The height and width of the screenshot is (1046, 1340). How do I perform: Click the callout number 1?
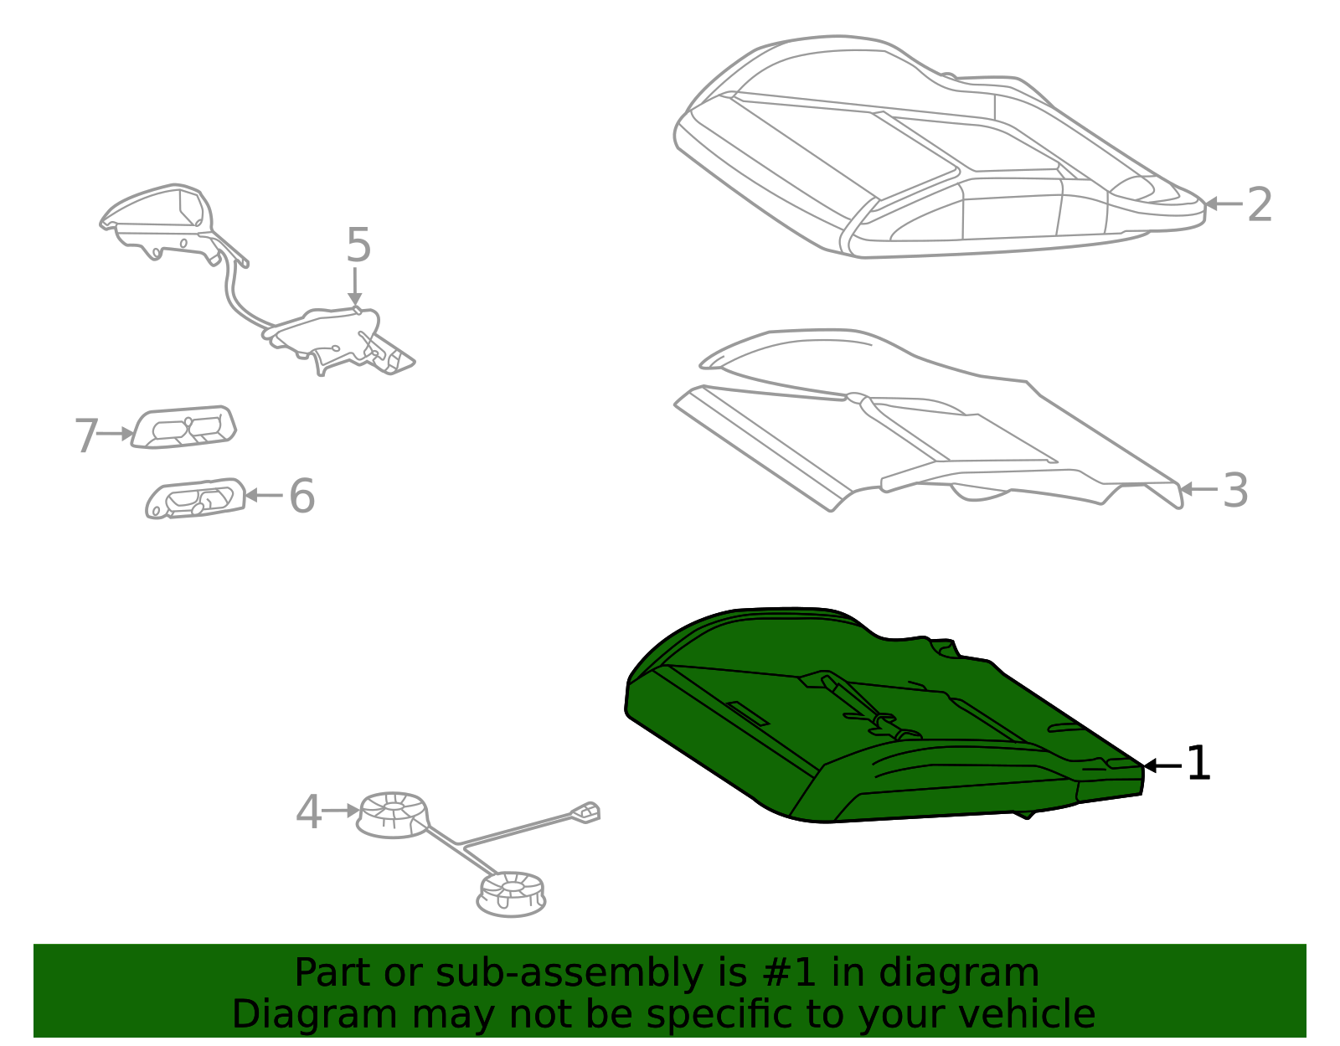click(x=1198, y=763)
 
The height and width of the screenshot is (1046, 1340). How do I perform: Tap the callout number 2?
click(x=1260, y=204)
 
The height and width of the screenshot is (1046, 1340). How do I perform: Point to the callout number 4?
click(x=309, y=812)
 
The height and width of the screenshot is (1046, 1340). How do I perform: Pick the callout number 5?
click(x=358, y=244)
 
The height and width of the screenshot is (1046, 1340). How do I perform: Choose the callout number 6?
click(x=302, y=495)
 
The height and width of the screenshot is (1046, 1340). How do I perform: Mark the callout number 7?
click(x=86, y=435)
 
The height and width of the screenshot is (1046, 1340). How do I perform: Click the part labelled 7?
click(x=183, y=426)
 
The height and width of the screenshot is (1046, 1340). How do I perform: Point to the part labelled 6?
click(x=195, y=498)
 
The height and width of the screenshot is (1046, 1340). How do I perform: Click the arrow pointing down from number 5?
click(x=354, y=286)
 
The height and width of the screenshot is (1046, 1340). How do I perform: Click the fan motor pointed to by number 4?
click(x=392, y=815)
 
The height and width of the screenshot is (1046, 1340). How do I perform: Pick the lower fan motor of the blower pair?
click(x=511, y=894)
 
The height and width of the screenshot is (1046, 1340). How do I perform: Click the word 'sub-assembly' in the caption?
click(x=569, y=972)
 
